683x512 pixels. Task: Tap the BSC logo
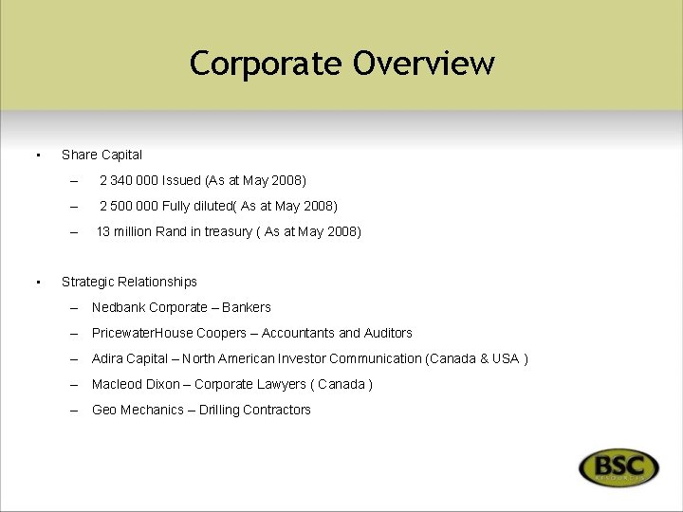(x=618, y=467)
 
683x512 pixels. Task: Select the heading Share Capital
(x=102, y=155)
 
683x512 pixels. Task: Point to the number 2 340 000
(x=128, y=180)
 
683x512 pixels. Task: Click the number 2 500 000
(x=128, y=206)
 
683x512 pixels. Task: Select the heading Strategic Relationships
(x=129, y=282)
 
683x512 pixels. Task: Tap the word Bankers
(x=247, y=307)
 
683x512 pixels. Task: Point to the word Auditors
(x=388, y=333)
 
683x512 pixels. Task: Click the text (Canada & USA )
(x=477, y=358)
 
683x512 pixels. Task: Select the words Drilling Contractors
(x=255, y=410)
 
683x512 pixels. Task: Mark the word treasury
(x=227, y=231)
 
